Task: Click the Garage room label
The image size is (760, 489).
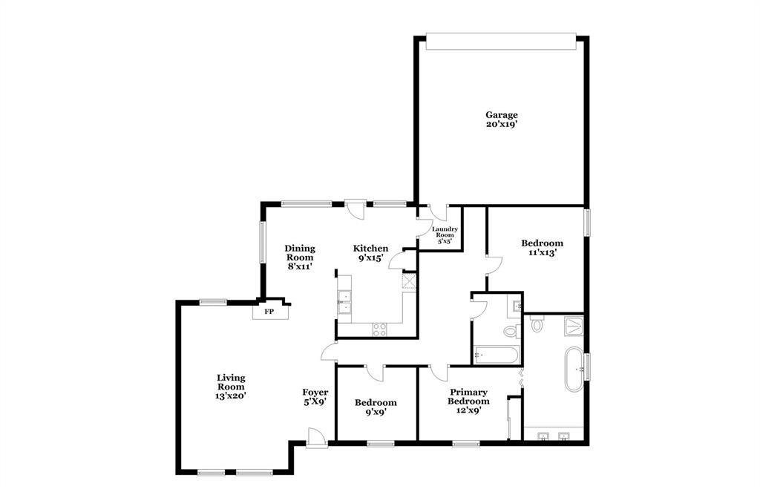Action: pos(501,119)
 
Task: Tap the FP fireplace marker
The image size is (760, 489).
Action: pos(269,312)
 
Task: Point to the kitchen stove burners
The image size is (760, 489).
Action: pos(379,329)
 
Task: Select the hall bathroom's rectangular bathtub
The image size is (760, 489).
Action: pos(497,355)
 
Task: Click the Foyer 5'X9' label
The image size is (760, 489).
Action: pos(315,397)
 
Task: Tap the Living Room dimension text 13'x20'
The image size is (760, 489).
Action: pos(231,396)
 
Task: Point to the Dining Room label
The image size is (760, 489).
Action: pos(300,257)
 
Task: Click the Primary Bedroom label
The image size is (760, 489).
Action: pos(468,401)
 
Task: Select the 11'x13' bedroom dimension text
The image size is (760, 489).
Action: pos(542,253)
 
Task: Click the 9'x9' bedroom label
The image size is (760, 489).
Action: pos(376,407)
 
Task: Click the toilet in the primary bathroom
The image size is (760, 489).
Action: pos(537,324)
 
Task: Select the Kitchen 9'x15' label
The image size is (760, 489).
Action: pos(370,253)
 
